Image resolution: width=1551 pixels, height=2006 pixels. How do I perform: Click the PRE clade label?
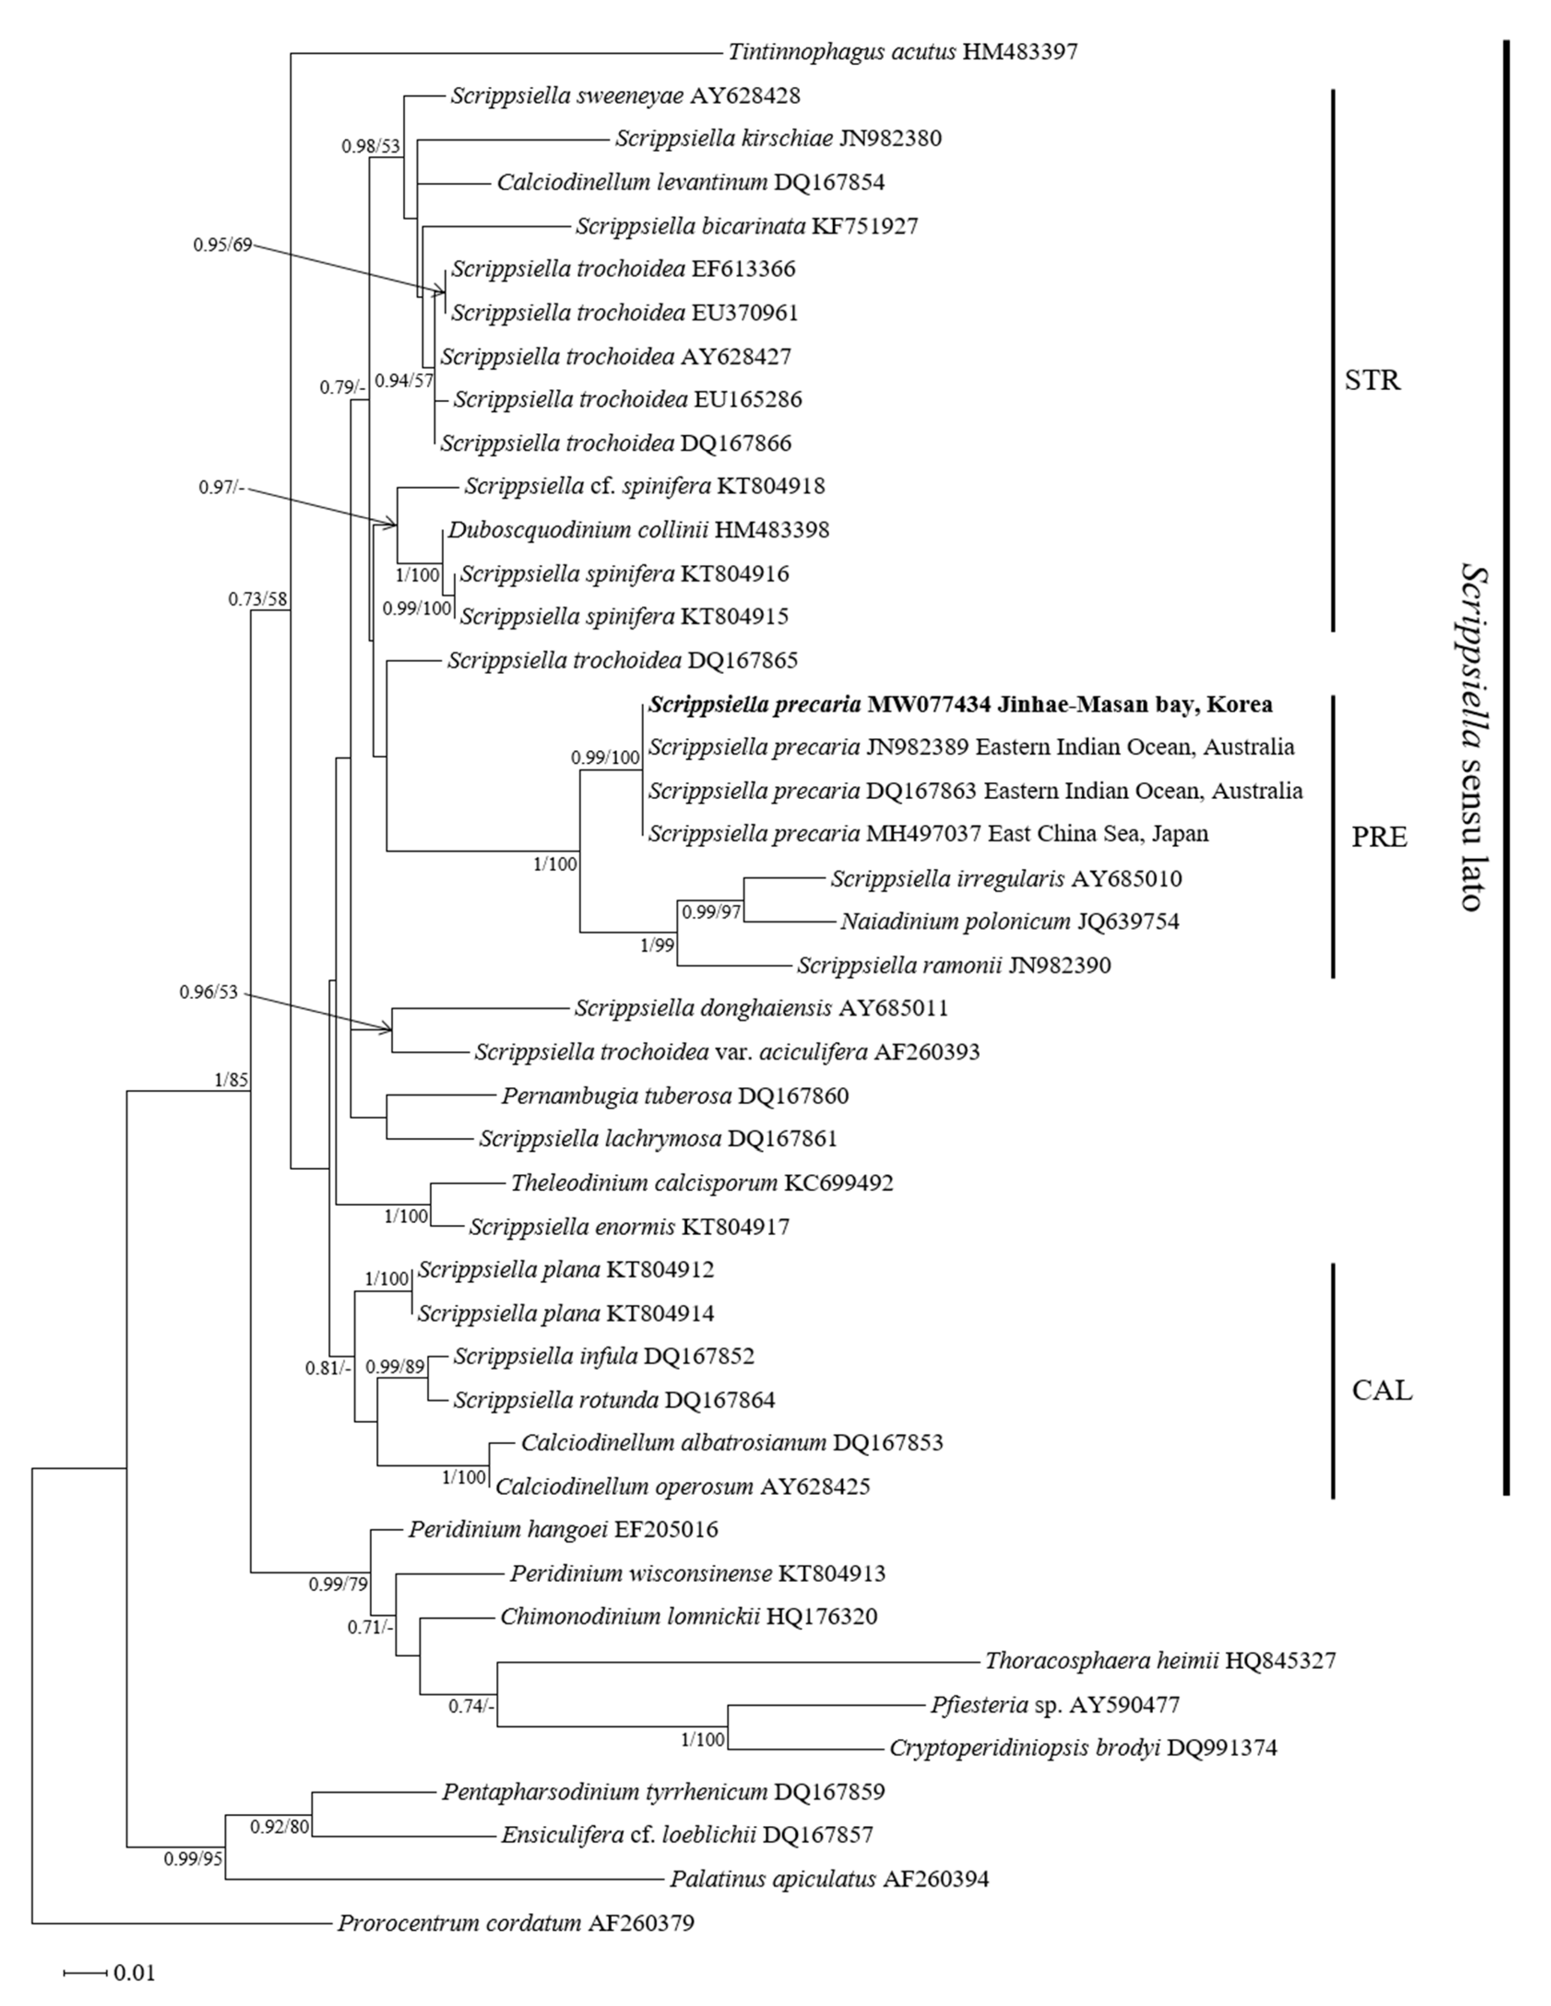pos(1379,837)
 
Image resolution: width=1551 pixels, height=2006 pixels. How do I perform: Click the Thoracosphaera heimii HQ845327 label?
pos(1160,1661)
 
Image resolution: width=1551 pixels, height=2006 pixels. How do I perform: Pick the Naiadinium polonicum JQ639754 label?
pos(1009,921)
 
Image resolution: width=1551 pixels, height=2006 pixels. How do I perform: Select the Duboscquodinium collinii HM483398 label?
pos(638,530)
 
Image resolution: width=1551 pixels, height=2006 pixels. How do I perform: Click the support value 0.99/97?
pos(710,912)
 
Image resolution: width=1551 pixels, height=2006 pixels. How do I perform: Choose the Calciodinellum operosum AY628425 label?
pos(682,1486)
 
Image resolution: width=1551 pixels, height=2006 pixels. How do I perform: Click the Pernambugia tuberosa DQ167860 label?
pos(675,1096)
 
